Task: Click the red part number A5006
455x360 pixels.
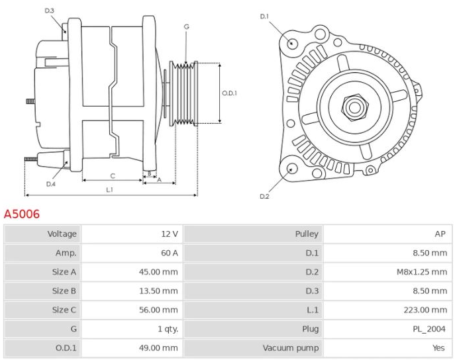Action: pos(22,214)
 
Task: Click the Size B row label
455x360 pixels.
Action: pos(64,291)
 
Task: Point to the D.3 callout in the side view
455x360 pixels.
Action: pos(50,11)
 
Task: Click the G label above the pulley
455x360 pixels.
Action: pos(187,26)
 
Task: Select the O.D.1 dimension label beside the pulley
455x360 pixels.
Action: pos(229,93)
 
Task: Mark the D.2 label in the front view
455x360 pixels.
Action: pos(264,197)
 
